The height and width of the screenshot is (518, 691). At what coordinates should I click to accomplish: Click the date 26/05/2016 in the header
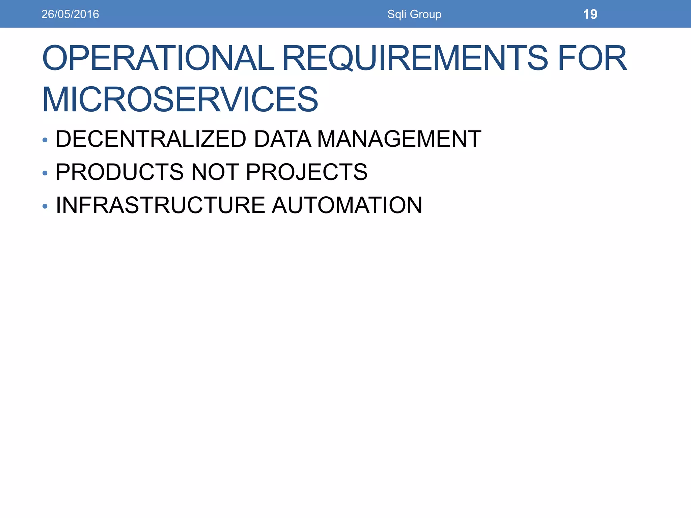coord(70,14)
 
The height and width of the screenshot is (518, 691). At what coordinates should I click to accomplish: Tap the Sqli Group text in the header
coord(414,14)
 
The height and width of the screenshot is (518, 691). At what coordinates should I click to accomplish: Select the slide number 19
coord(590,14)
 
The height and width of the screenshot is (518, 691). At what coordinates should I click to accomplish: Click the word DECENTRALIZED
coord(151,139)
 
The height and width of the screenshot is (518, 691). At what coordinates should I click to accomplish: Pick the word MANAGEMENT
coord(399,139)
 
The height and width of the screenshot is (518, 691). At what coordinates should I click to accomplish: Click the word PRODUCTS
coord(120,172)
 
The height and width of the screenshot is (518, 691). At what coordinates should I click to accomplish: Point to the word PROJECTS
coord(307,172)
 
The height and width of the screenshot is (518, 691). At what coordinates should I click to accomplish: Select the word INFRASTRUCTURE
coord(161,205)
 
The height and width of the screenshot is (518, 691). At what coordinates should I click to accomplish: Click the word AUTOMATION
coord(347,205)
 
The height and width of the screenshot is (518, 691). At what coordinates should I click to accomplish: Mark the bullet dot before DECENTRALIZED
coord(45,140)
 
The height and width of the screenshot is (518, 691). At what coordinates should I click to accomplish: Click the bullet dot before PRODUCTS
coord(45,173)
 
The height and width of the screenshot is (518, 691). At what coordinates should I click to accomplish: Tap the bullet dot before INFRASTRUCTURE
coord(45,206)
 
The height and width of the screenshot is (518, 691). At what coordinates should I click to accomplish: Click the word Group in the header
coord(425,14)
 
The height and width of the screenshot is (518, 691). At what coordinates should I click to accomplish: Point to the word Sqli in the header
coord(397,14)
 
